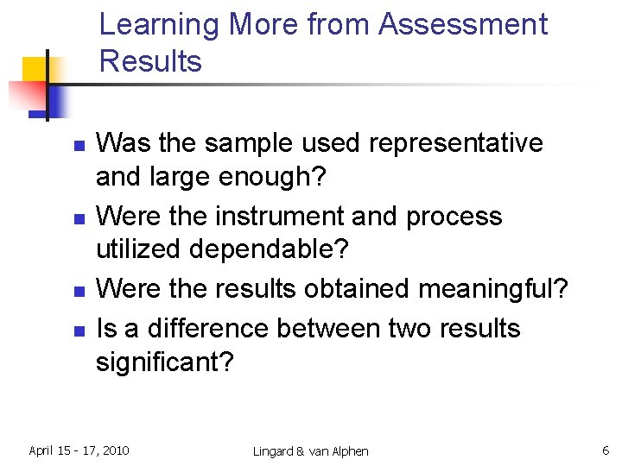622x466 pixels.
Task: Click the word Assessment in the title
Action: (463, 24)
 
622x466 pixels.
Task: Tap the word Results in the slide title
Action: (150, 61)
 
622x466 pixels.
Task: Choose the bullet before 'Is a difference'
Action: (78, 331)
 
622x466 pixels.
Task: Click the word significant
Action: (164, 362)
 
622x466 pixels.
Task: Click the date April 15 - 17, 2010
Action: (79, 450)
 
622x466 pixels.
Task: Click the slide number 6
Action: (605, 450)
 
